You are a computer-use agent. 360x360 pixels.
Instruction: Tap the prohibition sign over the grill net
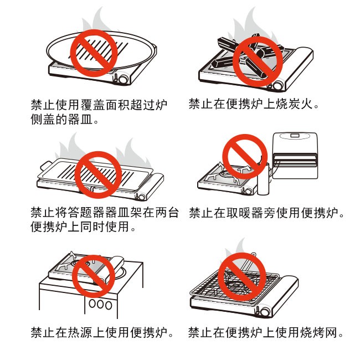(242, 276)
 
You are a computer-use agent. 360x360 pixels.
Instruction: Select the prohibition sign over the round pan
(94, 53)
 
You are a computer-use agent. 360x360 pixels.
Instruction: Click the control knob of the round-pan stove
(123, 79)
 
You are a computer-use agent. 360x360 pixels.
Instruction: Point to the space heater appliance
(295, 156)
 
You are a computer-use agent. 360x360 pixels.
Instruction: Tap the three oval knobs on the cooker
(100, 304)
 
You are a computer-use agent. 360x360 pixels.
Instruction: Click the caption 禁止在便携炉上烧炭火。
(254, 104)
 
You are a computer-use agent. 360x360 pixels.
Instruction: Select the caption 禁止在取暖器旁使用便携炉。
(266, 213)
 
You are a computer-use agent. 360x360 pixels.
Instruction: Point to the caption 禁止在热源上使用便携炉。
(102, 332)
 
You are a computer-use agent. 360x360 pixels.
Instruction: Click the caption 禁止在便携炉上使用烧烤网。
(266, 332)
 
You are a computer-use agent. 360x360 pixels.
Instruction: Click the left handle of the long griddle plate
(46, 167)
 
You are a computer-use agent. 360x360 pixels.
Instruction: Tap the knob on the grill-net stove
(265, 312)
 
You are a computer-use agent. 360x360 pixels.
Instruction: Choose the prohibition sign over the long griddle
(98, 174)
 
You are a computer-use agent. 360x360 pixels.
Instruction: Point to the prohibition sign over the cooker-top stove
(94, 276)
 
